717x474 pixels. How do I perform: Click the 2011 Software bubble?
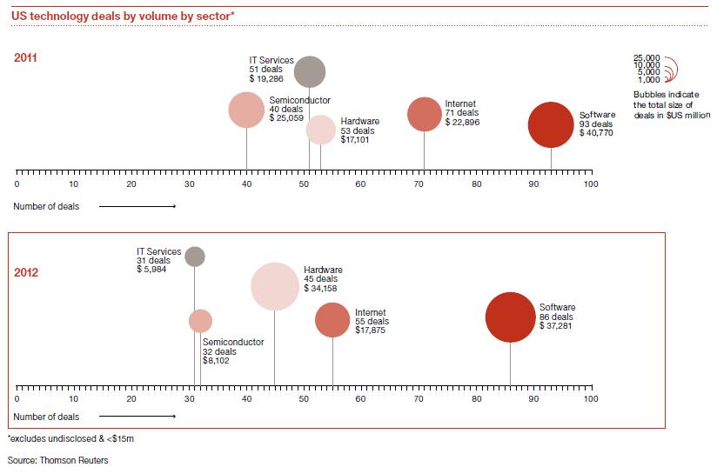tap(551, 125)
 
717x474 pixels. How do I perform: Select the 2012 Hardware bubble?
tap(275, 285)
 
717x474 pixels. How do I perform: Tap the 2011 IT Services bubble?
tap(309, 71)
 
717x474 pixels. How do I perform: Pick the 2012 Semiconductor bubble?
tap(201, 321)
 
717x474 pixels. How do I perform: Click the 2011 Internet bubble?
tap(425, 114)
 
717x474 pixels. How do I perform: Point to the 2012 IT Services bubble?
tap(195, 256)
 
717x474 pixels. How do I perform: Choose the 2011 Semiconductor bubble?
tap(246, 110)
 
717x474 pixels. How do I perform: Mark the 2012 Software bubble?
tap(509, 318)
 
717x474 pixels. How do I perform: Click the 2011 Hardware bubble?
tap(320, 130)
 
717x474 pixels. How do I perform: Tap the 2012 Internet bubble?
tap(332, 320)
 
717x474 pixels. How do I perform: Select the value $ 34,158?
tap(322, 287)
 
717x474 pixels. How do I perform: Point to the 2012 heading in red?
tap(26, 272)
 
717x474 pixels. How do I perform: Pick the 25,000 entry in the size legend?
tap(648, 57)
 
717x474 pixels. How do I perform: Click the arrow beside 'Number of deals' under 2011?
tap(137, 206)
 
